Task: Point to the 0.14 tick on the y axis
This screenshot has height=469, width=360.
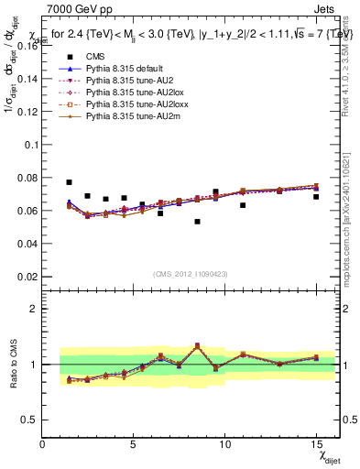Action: coord(25,79)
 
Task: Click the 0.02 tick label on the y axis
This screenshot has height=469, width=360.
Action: coord(25,277)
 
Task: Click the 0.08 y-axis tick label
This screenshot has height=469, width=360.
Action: coord(25,178)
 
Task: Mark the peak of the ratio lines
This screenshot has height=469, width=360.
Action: coord(197,345)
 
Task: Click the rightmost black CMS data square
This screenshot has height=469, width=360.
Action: coord(316,197)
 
